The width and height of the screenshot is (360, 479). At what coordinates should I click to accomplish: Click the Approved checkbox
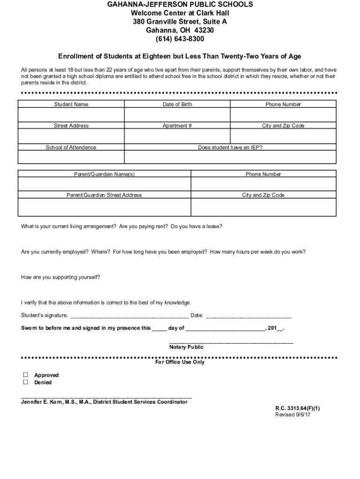(26, 375)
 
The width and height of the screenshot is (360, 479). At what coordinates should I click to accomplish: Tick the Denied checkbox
(26, 382)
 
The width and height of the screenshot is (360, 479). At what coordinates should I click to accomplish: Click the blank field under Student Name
(71, 115)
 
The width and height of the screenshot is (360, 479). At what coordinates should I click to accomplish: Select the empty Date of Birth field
(177, 115)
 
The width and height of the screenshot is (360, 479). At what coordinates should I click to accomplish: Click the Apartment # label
(177, 126)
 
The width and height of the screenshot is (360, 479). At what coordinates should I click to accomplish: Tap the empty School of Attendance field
(71, 157)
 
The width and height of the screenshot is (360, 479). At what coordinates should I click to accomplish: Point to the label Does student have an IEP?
(230, 147)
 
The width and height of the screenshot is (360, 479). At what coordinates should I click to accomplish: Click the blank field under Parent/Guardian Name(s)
(104, 184)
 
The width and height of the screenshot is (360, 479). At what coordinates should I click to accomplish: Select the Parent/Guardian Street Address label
(104, 195)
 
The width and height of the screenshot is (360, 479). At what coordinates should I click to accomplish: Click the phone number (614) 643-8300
(180, 38)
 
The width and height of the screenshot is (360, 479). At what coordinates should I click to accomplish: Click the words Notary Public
(186, 347)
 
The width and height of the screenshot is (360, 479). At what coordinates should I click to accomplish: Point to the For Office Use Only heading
(180, 362)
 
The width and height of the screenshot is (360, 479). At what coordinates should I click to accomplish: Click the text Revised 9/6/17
(293, 414)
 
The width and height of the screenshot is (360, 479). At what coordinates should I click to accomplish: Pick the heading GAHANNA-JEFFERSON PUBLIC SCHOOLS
(180, 4)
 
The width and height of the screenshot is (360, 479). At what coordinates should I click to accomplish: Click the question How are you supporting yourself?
(60, 277)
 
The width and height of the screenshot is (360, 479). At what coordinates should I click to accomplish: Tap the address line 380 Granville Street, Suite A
(180, 22)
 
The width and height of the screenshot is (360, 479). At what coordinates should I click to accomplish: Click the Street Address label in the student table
(71, 126)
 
